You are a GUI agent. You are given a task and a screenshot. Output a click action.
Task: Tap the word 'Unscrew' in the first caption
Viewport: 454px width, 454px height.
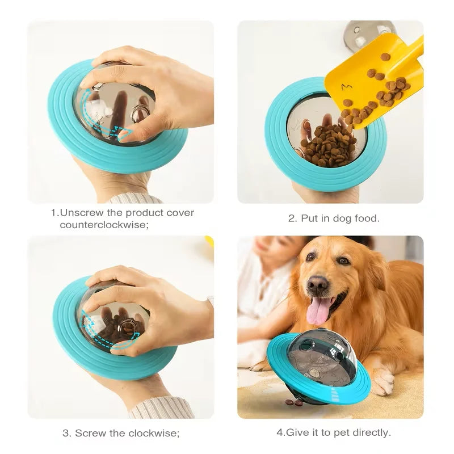point(80,213)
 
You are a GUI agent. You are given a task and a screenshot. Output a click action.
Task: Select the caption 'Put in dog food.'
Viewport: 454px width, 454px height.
point(334,218)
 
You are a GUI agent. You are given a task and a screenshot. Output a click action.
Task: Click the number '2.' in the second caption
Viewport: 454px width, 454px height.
point(293,218)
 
